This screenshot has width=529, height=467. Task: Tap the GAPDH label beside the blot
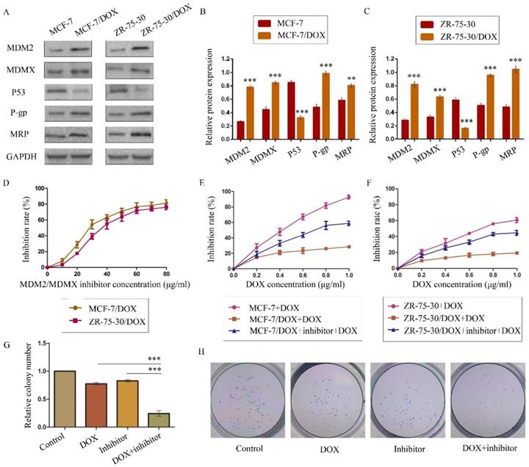pyautogui.click(x=23, y=175)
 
